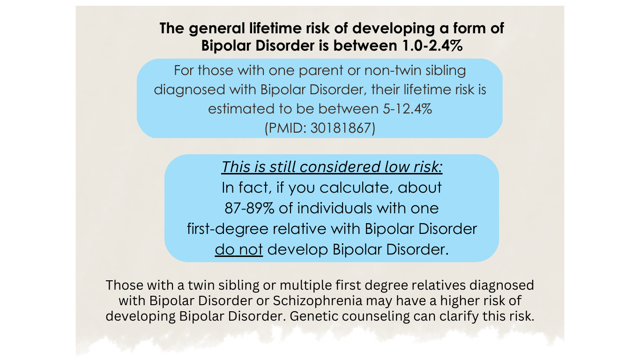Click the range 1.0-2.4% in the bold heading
(x=423, y=46)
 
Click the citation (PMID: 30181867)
(x=320, y=128)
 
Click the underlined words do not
(x=239, y=249)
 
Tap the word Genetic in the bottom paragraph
(x=313, y=316)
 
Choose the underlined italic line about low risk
(x=332, y=167)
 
